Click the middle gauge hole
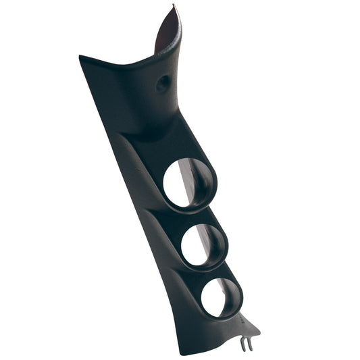(203, 244)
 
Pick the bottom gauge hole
(220, 297)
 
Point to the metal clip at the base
(247, 344)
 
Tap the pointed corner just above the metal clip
(258, 331)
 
